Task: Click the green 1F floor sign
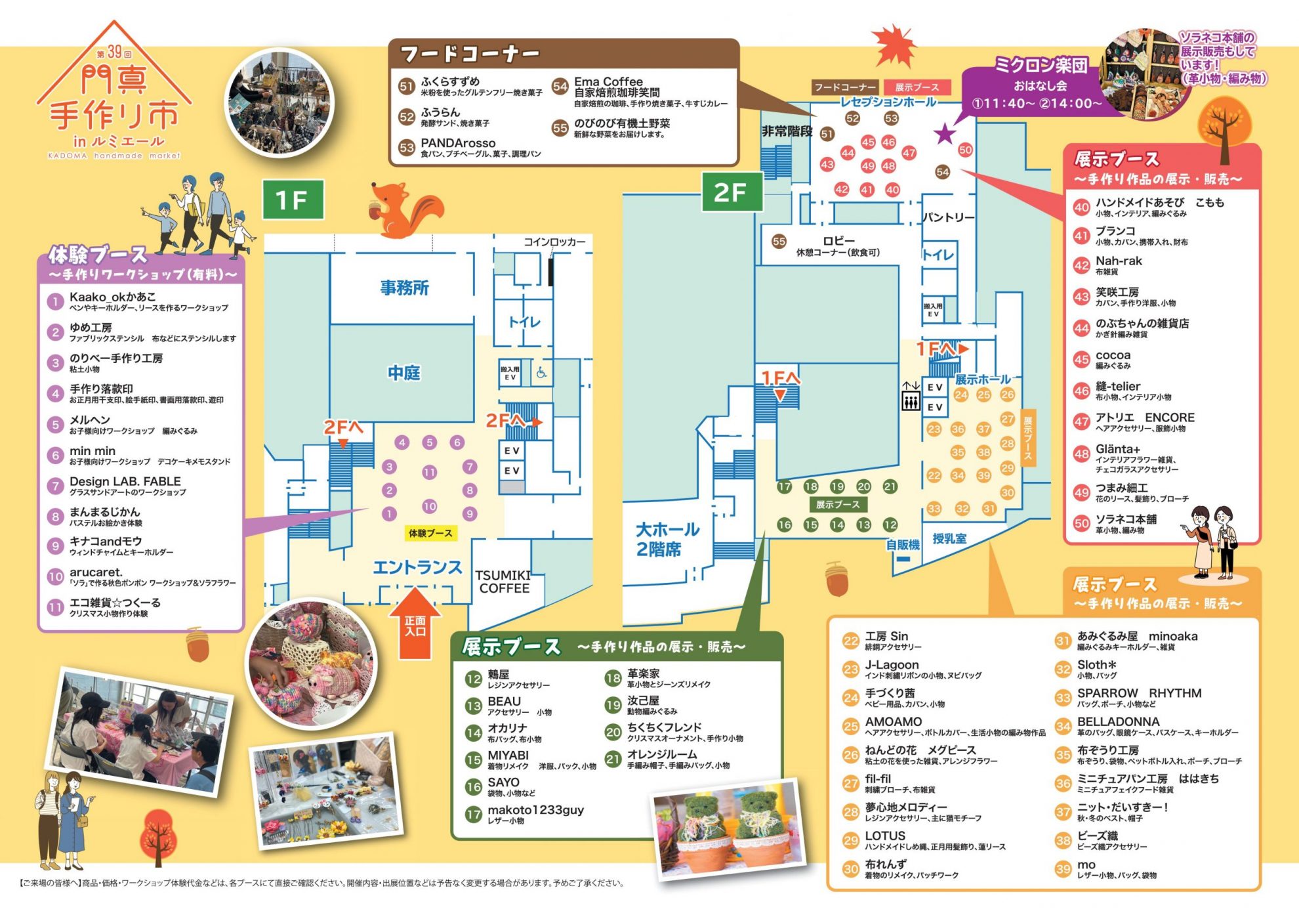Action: (x=293, y=200)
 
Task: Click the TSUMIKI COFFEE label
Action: (x=504, y=582)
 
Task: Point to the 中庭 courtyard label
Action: (x=403, y=373)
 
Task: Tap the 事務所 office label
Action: (x=404, y=288)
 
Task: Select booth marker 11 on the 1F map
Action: (x=429, y=472)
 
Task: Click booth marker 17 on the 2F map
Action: (x=785, y=486)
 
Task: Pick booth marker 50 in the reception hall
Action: (x=965, y=150)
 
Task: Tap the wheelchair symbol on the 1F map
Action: (x=541, y=374)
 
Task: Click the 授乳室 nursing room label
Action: (x=949, y=538)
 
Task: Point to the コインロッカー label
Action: (x=554, y=242)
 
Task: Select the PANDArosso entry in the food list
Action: (x=458, y=143)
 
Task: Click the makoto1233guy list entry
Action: (x=535, y=810)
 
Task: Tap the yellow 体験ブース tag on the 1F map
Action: (x=430, y=533)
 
